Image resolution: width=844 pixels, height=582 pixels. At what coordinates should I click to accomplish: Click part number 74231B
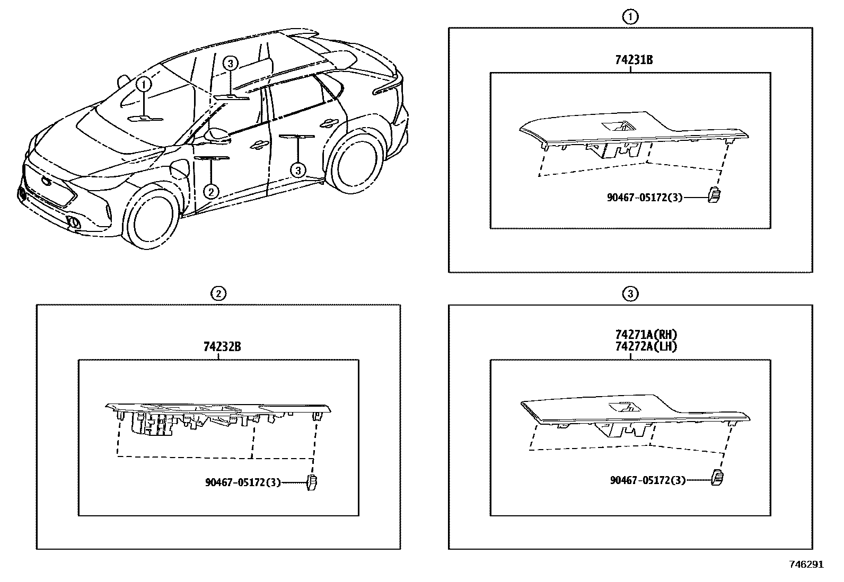[634, 60]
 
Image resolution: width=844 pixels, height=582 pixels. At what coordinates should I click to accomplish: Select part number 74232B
[222, 347]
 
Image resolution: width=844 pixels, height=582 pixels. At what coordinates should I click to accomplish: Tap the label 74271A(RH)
[646, 335]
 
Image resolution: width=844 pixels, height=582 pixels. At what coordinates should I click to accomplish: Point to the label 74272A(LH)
[646, 346]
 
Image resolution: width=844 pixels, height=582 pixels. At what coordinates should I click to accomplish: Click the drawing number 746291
[806, 565]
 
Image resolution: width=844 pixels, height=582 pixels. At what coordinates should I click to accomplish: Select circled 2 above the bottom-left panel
[217, 293]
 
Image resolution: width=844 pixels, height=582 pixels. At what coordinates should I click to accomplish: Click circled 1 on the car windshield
[143, 84]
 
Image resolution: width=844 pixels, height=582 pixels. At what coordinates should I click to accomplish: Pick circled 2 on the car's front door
[211, 191]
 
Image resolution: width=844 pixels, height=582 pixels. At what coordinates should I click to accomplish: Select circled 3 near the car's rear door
[298, 171]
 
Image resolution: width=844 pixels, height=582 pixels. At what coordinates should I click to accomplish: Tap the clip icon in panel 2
[312, 482]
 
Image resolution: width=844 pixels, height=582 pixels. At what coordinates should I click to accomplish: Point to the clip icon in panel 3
[718, 477]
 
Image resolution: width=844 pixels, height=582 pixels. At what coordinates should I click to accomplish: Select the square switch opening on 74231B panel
[618, 126]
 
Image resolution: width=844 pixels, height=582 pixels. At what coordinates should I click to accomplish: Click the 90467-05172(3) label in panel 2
[243, 482]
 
